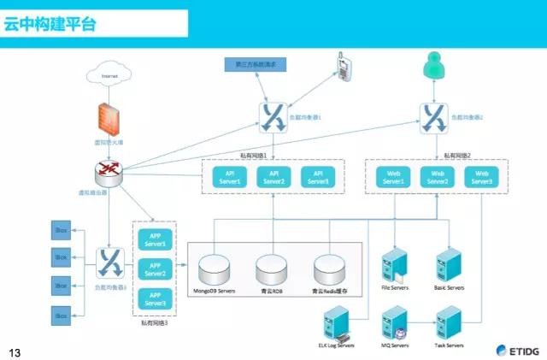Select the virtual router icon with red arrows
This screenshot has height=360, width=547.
[x=109, y=171]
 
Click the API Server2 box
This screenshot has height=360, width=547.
[x=273, y=177]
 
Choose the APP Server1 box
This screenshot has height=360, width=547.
[x=156, y=239]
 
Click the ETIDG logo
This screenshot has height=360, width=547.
[x=516, y=349]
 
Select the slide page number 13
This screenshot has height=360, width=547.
[x=14, y=351]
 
